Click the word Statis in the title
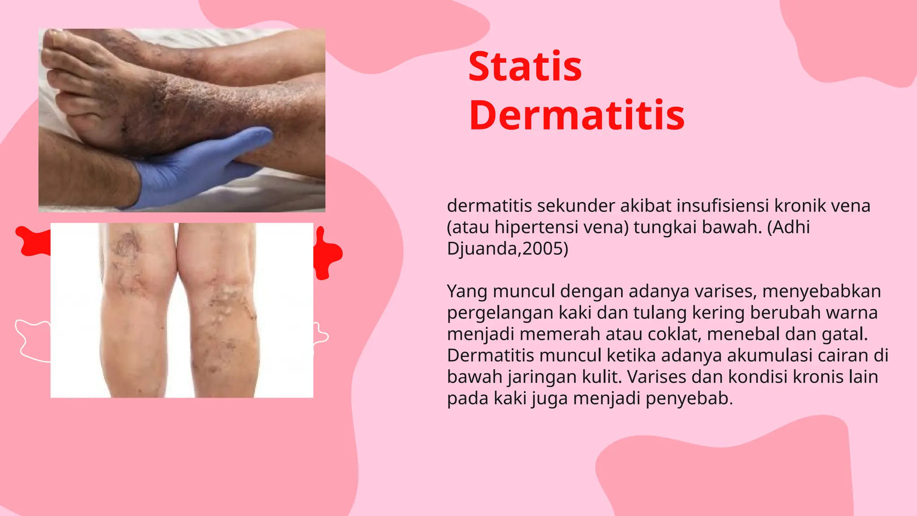tap(525, 67)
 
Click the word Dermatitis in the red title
tap(577, 116)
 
